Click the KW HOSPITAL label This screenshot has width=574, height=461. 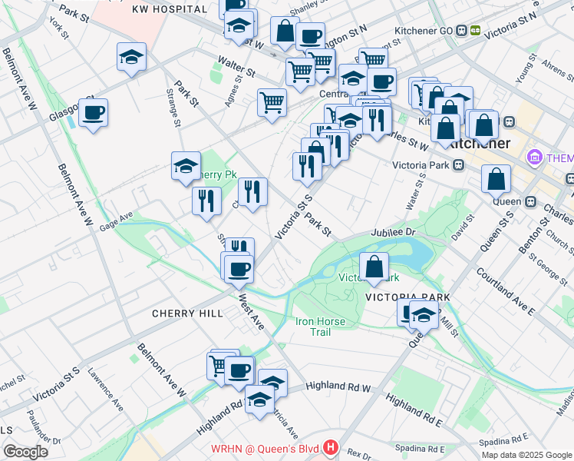[170, 9]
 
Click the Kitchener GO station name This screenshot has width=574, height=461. [421, 31]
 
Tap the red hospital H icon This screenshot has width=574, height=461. [331, 446]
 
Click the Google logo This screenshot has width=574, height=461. [25, 452]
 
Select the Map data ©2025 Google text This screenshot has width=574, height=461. [526, 454]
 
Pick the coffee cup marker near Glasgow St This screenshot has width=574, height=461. [93, 113]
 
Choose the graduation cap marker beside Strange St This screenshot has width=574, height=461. [132, 57]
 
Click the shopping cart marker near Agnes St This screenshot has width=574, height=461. [272, 102]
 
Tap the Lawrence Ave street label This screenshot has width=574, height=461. [105, 390]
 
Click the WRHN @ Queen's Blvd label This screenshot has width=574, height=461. [268, 447]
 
